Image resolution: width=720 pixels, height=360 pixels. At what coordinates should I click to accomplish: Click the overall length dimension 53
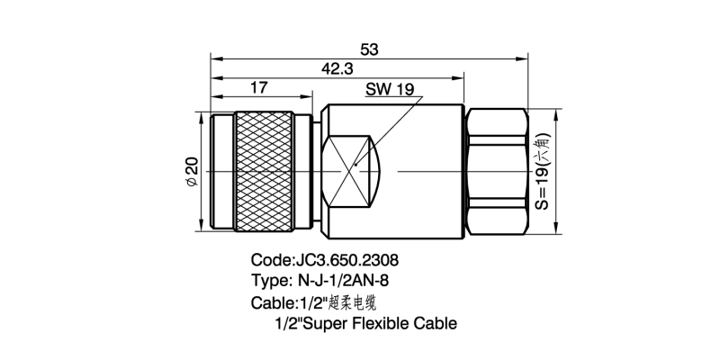pyautogui.click(x=368, y=49)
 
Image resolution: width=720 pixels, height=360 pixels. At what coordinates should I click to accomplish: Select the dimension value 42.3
pyautogui.click(x=337, y=68)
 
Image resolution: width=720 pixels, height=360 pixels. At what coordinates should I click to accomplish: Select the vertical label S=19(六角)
pyautogui.click(x=543, y=170)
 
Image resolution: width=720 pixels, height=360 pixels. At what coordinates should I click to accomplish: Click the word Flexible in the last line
pyautogui.click(x=387, y=322)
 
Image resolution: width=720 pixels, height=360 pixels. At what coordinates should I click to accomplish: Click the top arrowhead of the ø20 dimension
pyautogui.click(x=201, y=114)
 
